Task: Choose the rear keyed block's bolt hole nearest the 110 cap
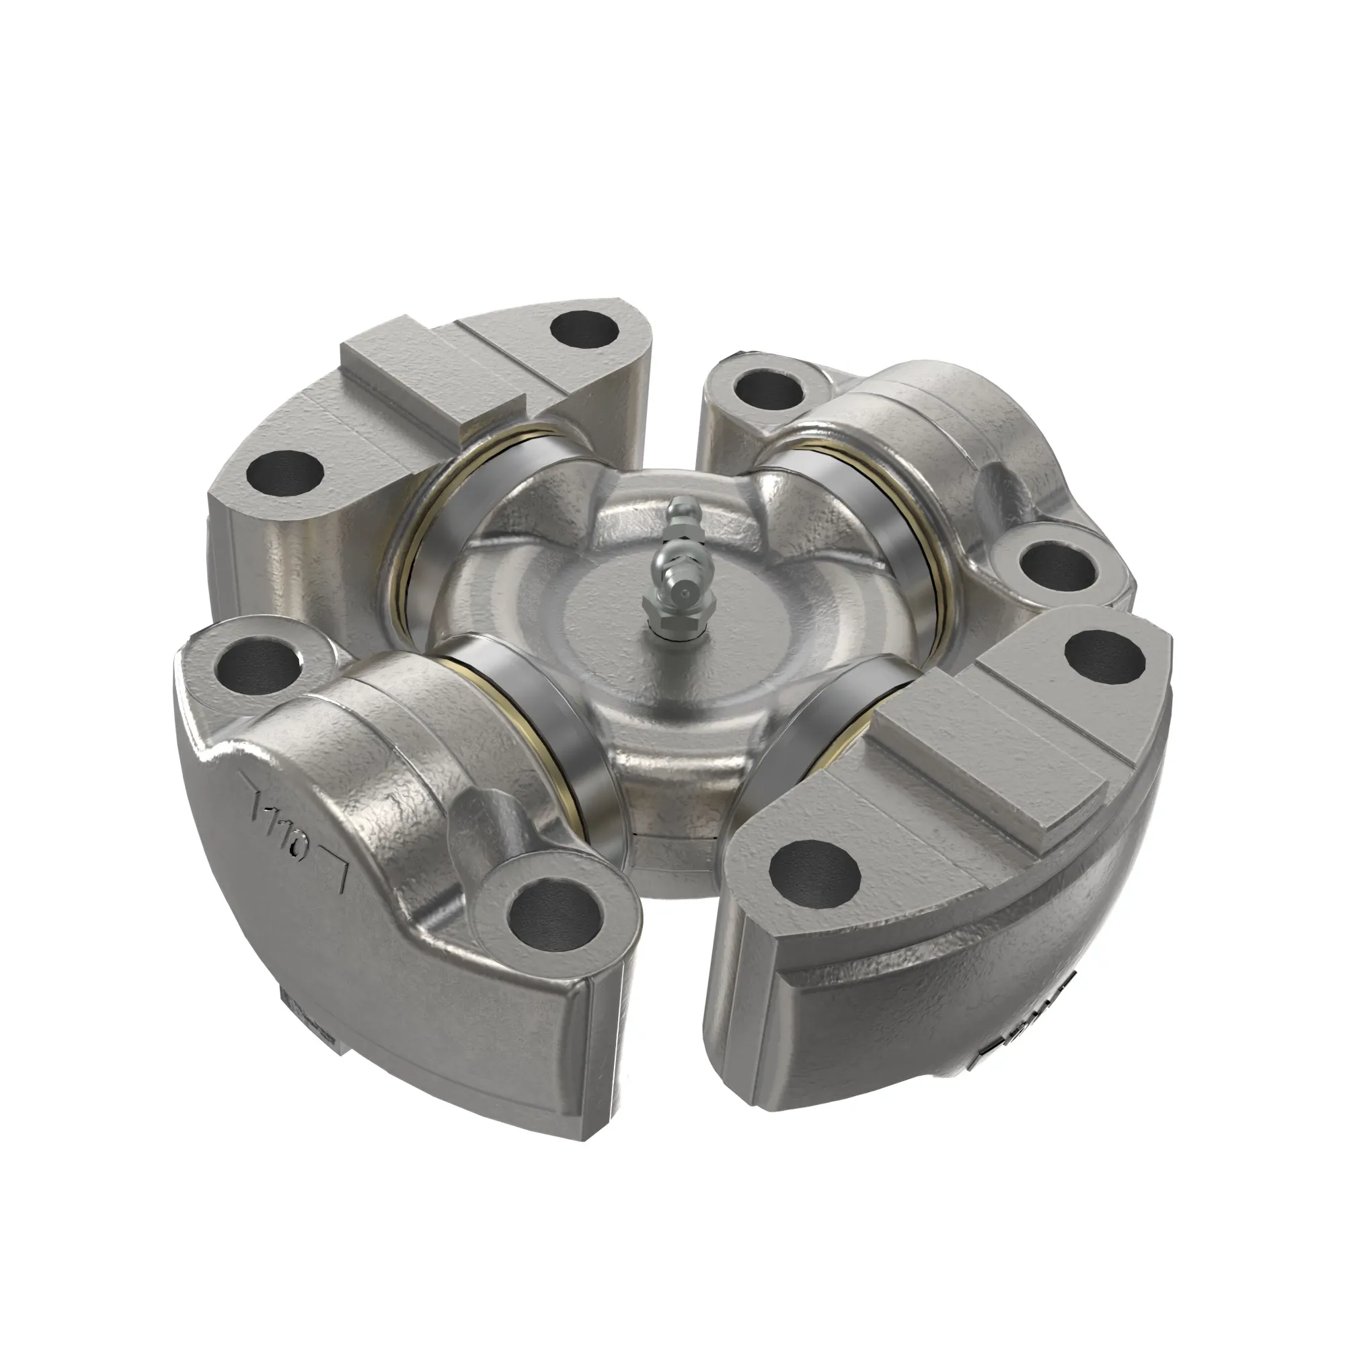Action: [284, 473]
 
